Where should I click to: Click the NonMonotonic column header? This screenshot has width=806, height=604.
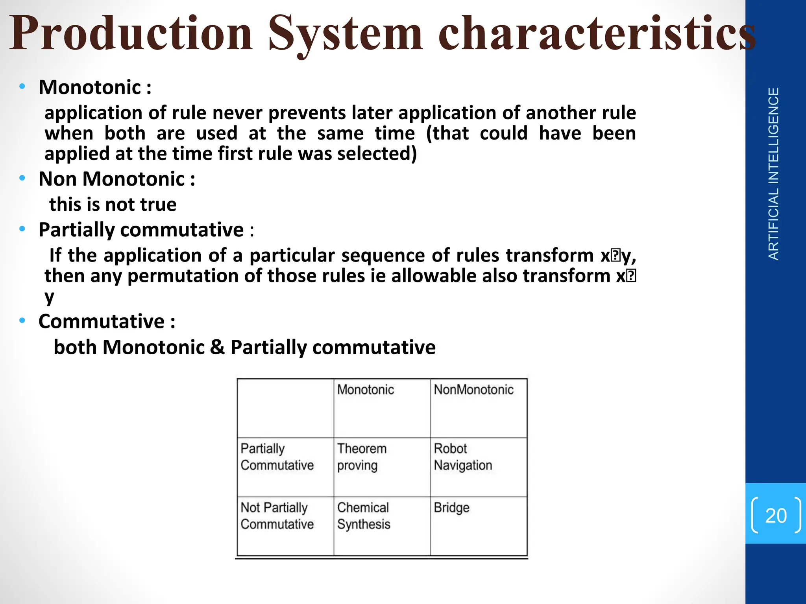pyautogui.click(x=473, y=390)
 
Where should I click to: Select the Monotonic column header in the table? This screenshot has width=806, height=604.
pyautogui.click(x=366, y=390)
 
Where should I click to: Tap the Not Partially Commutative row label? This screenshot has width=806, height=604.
pyautogui.click(x=277, y=516)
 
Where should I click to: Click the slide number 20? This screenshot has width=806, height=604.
pyautogui.click(x=776, y=516)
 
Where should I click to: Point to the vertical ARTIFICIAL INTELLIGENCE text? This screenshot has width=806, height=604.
pyautogui.click(x=773, y=174)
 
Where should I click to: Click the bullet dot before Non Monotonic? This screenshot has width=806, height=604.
pyautogui.click(x=22, y=179)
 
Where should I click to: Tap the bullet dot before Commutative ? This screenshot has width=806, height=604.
pyautogui.click(x=22, y=321)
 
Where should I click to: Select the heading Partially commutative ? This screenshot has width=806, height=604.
pyautogui.click(x=146, y=230)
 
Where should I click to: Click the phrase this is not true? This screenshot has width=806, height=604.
pyautogui.click(x=113, y=204)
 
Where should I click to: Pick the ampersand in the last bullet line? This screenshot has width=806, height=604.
pyautogui.click(x=217, y=347)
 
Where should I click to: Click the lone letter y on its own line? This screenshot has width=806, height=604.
pyautogui.click(x=49, y=297)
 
